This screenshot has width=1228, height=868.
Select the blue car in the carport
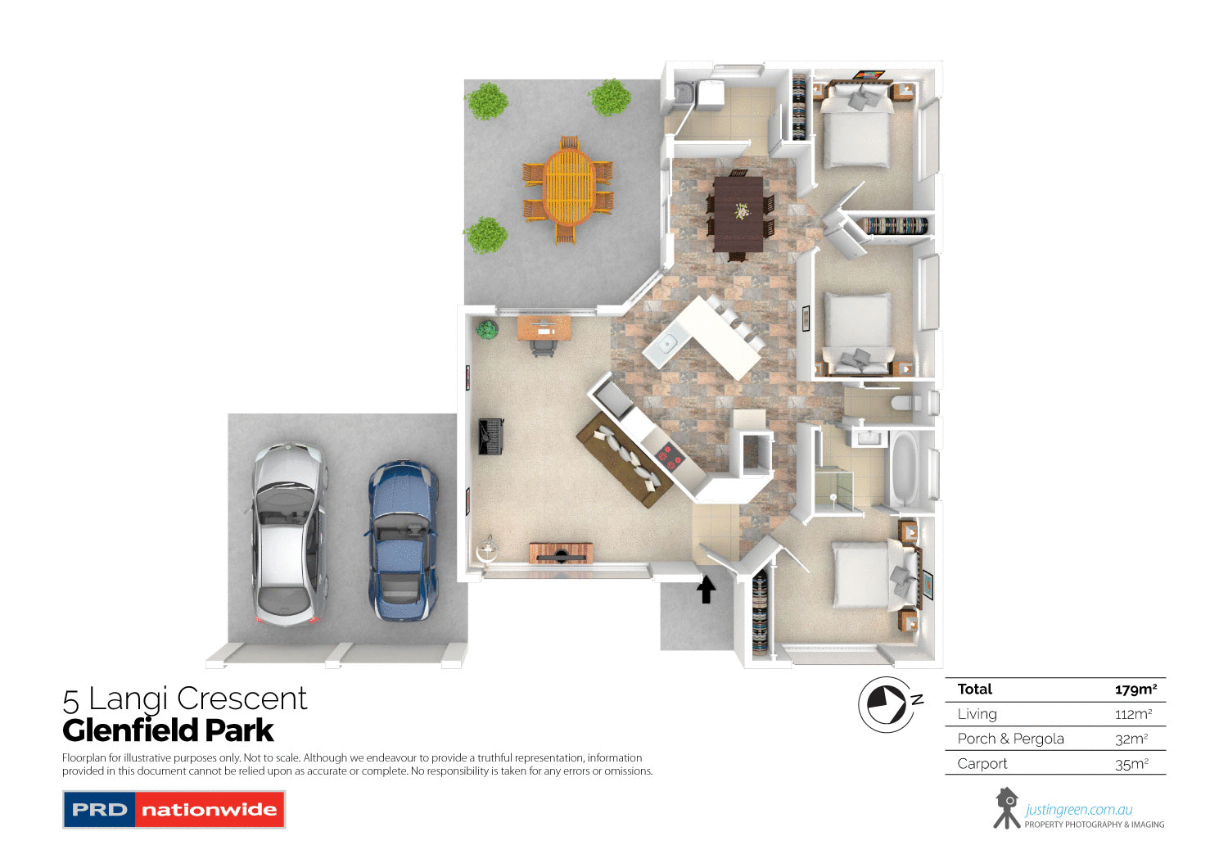tap(402, 540)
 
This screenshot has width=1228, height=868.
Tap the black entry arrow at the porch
tap(706, 589)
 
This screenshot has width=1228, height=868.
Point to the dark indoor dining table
tap(738, 214)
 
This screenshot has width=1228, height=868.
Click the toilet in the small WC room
tap(905, 403)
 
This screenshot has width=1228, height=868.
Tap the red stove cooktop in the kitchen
tap(669, 456)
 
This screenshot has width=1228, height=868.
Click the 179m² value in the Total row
tap(1135, 689)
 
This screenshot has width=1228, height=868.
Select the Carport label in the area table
tap(982, 764)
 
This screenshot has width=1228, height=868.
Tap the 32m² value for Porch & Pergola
tap(1131, 739)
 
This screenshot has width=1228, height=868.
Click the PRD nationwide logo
tap(174, 810)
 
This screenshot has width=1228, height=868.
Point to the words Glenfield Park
tap(168, 730)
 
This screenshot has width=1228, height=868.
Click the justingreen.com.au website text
tap(1079, 810)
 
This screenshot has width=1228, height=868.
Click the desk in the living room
tap(544, 328)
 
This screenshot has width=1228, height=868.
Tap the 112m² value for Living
tap(1133, 715)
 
